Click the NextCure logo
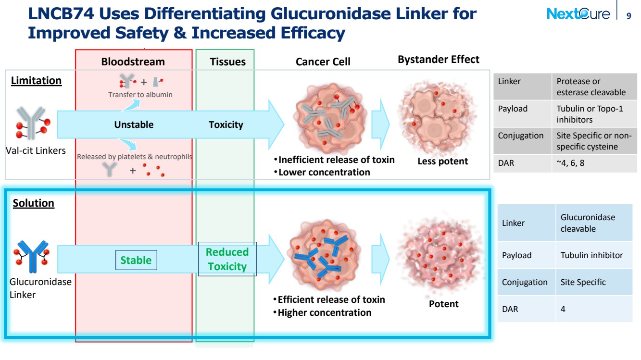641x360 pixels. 578,13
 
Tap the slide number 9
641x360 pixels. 628,16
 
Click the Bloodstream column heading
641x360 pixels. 133,62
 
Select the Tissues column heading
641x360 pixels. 228,62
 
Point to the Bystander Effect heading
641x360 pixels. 439,60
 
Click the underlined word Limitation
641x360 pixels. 37,81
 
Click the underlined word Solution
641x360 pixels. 34,203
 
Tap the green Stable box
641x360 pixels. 136,260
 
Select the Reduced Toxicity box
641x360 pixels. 227,259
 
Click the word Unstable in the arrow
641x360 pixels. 134,124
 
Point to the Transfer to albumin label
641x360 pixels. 140,95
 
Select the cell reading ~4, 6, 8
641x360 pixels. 594,163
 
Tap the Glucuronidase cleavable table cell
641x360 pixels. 594,223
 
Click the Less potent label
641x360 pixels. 443,161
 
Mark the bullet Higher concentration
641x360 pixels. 323,312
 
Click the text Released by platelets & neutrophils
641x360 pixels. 135,157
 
